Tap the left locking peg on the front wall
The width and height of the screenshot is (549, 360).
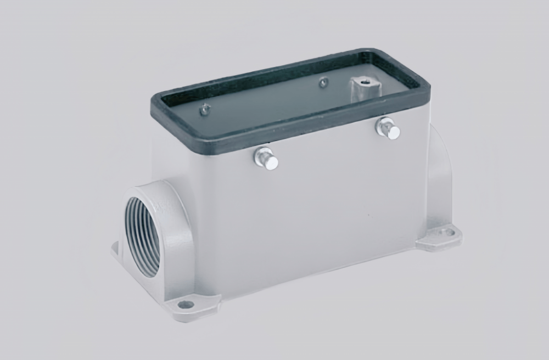pos(266,159)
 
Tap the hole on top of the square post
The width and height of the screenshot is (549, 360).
pos(363,81)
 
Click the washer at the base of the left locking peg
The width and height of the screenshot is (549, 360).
pos(261,157)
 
